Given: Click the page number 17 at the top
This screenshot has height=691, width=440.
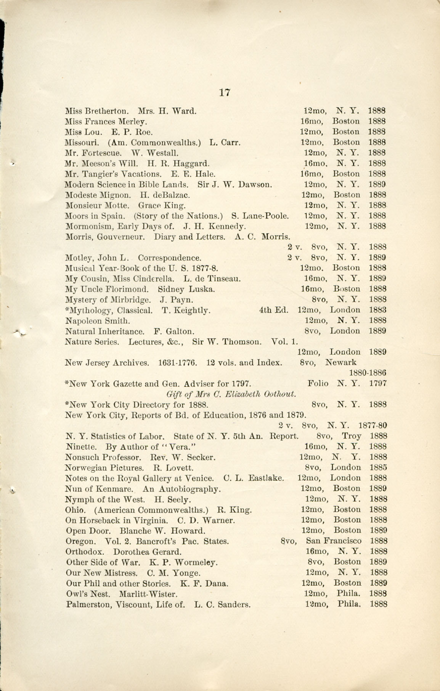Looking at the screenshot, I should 225,93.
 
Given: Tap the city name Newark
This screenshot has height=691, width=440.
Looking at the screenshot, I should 340,362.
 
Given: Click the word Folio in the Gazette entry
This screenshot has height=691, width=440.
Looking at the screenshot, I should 318,383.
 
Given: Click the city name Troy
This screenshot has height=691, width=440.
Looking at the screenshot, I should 351,436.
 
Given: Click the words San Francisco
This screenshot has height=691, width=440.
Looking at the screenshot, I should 334,541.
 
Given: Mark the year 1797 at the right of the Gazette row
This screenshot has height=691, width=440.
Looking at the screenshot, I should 379,383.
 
